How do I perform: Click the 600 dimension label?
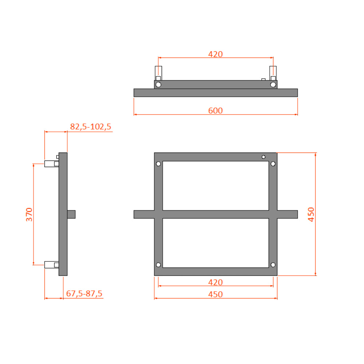point(215,111)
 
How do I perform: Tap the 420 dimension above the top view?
point(215,54)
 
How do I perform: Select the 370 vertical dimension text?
point(29,214)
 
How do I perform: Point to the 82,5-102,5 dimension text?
point(91,127)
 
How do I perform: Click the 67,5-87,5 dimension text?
point(84,293)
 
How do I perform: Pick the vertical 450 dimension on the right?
point(311,214)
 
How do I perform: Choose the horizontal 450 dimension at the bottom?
point(215,294)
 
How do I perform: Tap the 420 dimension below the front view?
point(215,282)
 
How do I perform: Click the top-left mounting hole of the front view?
point(158,164)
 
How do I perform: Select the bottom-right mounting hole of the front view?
point(273,265)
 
